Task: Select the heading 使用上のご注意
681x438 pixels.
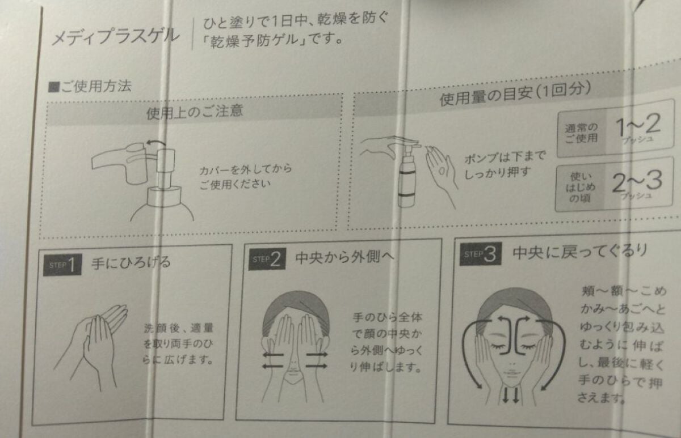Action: [195, 110]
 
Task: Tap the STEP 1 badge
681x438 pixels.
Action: [63, 265]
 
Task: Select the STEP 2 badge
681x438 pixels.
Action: [267, 259]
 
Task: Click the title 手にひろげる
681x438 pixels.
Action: [131, 263]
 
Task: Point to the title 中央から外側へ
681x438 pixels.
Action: [345, 258]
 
